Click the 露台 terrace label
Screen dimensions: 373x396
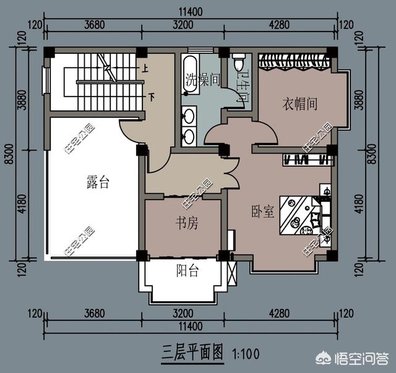point(97,182)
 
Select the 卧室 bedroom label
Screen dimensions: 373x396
point(263,211)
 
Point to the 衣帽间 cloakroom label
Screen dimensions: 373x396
point(300,104)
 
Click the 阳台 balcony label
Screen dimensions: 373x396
point(187,271)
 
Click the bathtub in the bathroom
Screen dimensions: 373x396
point(190,76)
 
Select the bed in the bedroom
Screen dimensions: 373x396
point(299,216)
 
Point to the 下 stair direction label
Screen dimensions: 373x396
point(150,97)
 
